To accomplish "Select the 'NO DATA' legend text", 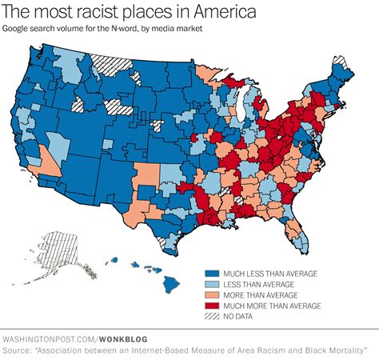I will click(240, 316).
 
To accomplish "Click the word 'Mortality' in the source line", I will click(341, 350).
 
